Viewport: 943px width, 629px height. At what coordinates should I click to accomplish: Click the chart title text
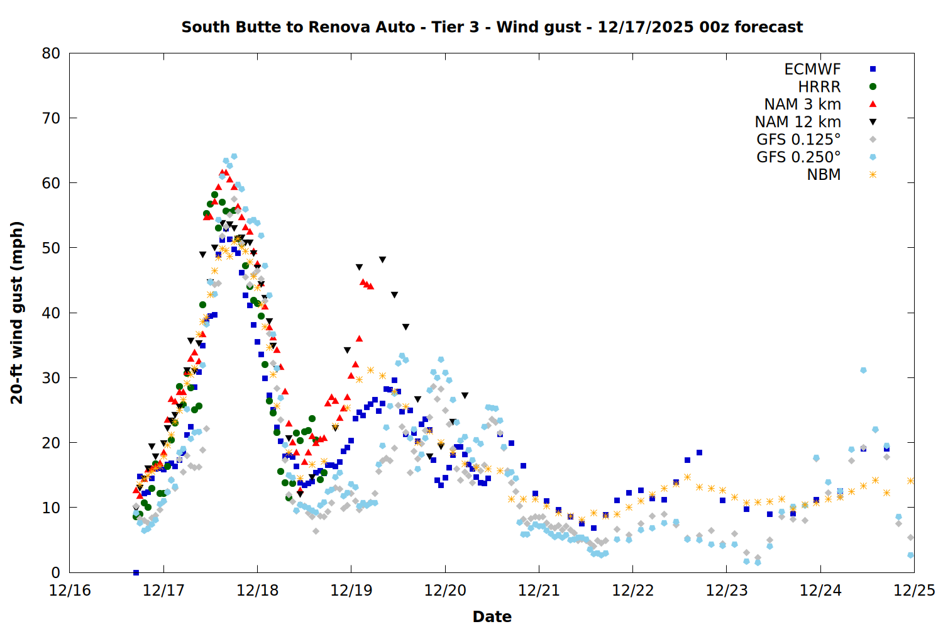point(492,27)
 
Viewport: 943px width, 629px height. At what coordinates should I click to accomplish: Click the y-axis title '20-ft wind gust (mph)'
point(17,313)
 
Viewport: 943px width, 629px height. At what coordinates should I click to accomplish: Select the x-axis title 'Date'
point(492,616)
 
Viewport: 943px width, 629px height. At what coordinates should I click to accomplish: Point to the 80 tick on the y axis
point(51,53)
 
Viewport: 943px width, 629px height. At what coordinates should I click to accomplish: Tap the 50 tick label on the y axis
point(51,248)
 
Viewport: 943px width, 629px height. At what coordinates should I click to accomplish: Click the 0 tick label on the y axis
point(55,572)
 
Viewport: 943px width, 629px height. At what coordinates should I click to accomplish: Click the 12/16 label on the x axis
point(70,591)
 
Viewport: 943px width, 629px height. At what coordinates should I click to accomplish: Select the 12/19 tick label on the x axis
point(351,591)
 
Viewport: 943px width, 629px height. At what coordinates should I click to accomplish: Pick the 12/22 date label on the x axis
point(632,591)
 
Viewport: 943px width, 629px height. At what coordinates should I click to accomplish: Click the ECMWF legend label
point(812,69)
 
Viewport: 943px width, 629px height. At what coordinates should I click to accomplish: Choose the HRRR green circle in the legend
point(873,87)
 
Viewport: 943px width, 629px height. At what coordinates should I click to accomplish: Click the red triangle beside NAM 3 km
point(873,104)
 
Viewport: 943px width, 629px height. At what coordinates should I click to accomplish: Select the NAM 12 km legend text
point(798,122)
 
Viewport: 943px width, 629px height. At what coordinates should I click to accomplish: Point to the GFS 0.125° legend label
point(798,140)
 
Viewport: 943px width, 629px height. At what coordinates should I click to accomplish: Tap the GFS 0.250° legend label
point(798,157)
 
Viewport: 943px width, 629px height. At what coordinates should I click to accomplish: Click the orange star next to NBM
point(873,175)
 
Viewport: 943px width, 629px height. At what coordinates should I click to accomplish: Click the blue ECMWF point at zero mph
point(136,572)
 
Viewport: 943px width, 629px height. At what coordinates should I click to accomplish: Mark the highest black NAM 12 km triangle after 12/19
point(382,260)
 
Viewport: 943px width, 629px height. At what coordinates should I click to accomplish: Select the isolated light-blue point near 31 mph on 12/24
point(863,370)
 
